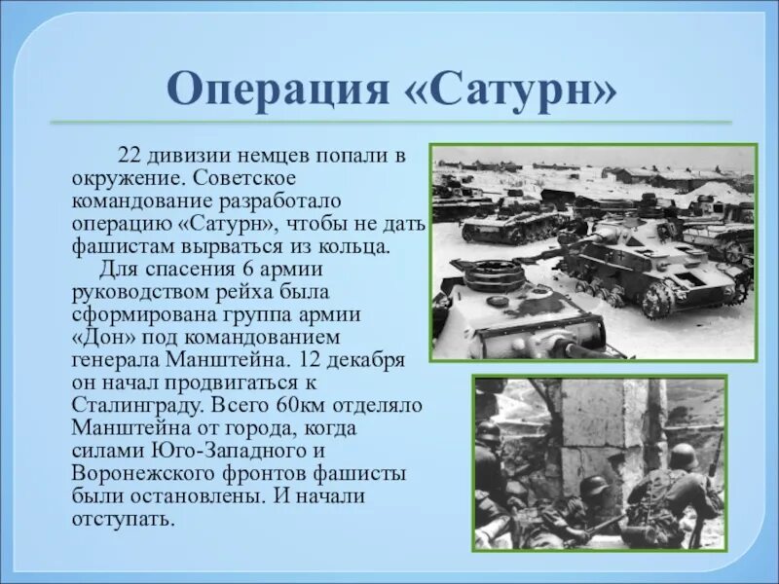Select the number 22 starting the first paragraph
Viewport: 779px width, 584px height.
click(x=130, y=158)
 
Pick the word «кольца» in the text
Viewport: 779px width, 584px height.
click(x=358, y=245)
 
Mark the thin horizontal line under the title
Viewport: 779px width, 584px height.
click(x=389, y=123)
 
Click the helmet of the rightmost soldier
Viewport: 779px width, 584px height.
click(x=683, y=455)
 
